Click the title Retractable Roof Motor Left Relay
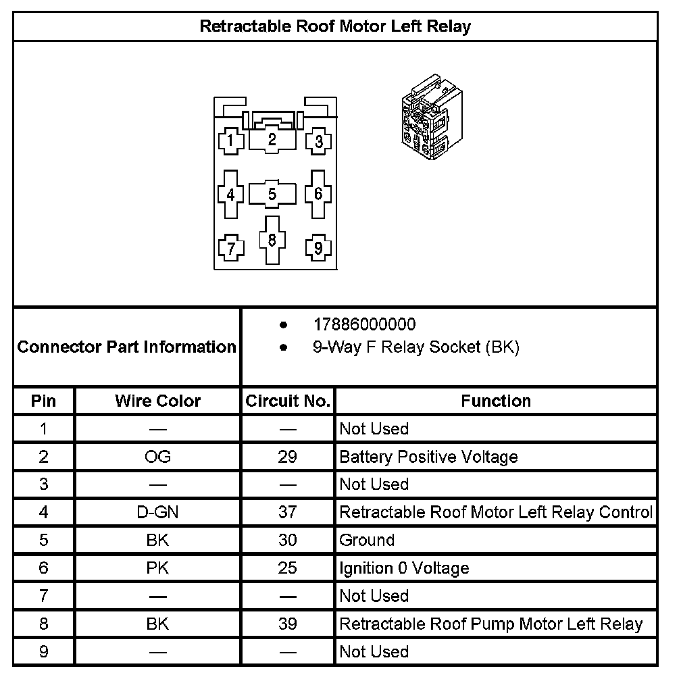tap(335, 26)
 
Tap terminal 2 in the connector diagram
tap(272, 140)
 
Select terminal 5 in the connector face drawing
tap(272, 195)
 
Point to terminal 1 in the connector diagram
tap(230, 141)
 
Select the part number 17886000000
tap(364, 325)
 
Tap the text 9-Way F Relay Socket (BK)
tap(415, 348)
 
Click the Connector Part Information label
tap(126, 347)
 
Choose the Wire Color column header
tap(157, 401)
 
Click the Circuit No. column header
tap(288, 401)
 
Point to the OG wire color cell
tap(157, 457)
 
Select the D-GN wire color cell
tap(157, 512)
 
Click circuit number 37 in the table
tap(288, 512)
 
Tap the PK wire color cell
tap(157, 568)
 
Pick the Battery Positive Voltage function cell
tap(428, 457)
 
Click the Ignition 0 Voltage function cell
tap(404, 568)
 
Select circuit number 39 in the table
tap(288, 624)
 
